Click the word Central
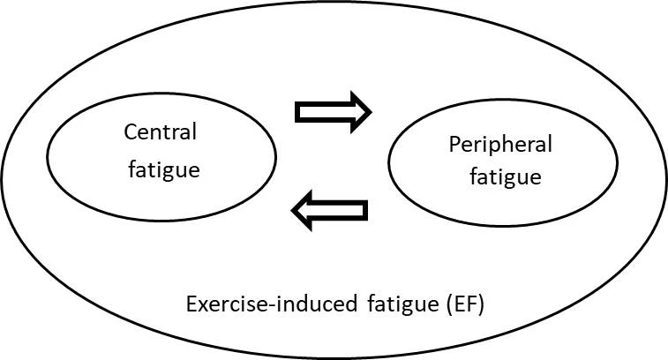[161, 131]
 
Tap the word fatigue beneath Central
[164, 170]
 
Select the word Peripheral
[500, 146]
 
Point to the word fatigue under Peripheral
[506, 177]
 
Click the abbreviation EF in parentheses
[464, 304]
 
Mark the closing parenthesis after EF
[481, 305]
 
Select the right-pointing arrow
[334, 112]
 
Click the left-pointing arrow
[329, 211]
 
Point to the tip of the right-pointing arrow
[372, 112]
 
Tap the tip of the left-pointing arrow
[291, 211]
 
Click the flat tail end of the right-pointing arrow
[296, 112]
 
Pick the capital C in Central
[131, 132]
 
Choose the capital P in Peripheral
[455, 145]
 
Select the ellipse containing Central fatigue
[47, 157]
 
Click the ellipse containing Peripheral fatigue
[388, 162]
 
